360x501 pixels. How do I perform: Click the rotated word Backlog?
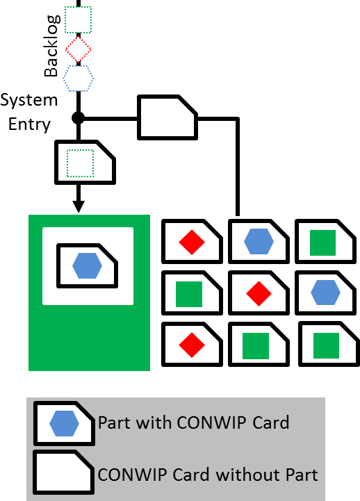tap(51, 45)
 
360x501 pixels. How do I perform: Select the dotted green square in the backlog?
tap(79, 19)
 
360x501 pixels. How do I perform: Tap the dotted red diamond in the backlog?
tap(79, 49)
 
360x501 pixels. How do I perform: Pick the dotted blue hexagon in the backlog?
tap(79, 79)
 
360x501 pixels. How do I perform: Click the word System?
tap(28, 101)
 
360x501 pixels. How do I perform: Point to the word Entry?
tap(29, 124)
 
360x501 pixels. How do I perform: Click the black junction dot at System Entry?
tap(79, 118)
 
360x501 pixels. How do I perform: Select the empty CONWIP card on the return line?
tap(167, 117)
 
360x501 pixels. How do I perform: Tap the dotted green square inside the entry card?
tap(80, 163)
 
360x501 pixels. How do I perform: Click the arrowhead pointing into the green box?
tap(79, 206)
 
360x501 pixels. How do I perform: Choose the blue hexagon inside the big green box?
tap(87, 266)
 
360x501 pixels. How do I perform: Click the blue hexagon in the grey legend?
tap(64, 423)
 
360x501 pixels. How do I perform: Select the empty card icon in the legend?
tap(64, 473)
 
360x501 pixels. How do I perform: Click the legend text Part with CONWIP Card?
tap(194, 423)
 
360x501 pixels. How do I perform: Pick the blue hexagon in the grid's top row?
tap(259, 242)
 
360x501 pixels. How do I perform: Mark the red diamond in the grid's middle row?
tap(259, 294)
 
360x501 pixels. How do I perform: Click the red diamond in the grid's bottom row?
tap(192, 345)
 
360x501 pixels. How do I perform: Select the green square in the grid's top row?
tap(322, 243)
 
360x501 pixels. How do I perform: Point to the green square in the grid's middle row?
tap(189, 294)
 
